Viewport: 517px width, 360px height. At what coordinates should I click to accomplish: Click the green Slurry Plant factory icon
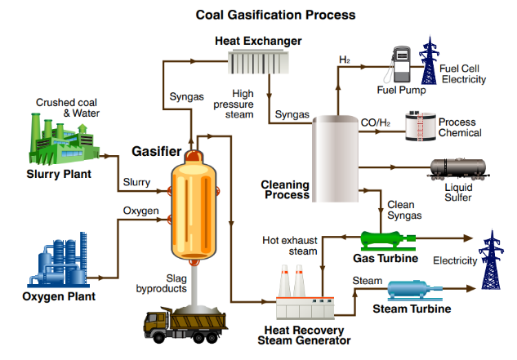[65, 139]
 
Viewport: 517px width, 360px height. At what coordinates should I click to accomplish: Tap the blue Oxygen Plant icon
[58, 260]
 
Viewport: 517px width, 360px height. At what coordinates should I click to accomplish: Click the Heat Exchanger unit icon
[258, 62]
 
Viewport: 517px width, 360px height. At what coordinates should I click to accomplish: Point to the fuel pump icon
[399, 64]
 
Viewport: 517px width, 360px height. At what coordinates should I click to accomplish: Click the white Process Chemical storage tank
[421, 127]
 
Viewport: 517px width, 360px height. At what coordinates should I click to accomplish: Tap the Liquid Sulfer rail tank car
[458, 170]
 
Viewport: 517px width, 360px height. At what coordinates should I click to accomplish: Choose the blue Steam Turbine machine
[414, 291]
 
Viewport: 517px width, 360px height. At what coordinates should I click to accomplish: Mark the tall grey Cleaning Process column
[335, 158]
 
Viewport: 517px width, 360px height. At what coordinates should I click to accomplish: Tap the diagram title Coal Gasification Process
[275, 15]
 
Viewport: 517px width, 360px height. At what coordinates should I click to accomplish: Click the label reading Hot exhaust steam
[290, 246]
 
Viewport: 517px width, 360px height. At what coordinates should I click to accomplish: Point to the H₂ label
[345, 60]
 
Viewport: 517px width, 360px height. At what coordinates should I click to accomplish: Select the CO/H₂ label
[376, 122]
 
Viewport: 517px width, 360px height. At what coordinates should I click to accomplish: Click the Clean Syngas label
[404, 210]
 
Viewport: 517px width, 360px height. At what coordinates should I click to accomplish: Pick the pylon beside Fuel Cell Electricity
[429, 60]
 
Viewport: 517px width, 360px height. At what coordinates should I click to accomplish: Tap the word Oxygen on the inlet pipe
[140, 211]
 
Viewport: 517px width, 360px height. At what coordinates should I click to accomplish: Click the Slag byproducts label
[162, 283]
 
